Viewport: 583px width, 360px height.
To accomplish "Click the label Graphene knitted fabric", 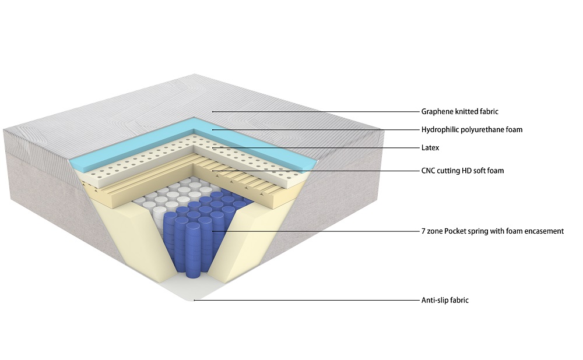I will tap(459, 111).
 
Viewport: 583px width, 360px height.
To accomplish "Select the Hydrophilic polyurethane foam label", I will tap(472, 130).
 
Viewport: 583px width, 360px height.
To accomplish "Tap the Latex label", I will tap(430, 148).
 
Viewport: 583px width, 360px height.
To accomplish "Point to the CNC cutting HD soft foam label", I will tap(462, 171).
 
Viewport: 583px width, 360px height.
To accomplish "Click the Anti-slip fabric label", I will tap(445, 301).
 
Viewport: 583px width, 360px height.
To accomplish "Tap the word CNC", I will tap(429, 171).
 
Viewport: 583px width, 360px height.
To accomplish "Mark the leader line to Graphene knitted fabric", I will tap(315, 111).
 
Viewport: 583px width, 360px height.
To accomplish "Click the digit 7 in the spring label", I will tap(423, 231).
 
